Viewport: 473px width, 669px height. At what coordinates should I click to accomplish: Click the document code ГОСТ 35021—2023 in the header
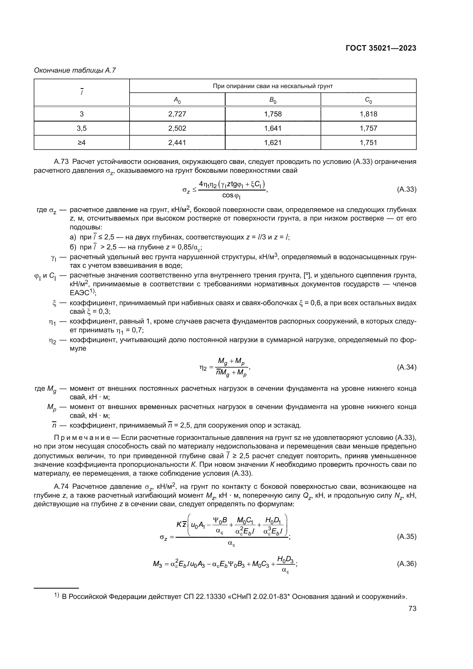coord(381,48)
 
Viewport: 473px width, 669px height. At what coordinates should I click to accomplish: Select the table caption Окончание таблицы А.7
coord(75,71)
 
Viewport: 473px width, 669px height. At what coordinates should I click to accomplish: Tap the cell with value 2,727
coord(177,114)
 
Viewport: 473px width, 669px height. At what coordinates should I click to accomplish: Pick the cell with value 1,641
coord(273,128)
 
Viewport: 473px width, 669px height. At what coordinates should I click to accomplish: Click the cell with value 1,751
coord(368,142)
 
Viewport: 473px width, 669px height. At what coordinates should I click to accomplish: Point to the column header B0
coord(273,100)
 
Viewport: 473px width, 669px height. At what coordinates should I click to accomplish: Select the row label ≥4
coord(82,142)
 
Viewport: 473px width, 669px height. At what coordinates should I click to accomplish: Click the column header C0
coord(368,100)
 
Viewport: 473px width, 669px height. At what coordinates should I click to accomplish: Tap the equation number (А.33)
coord(407,189)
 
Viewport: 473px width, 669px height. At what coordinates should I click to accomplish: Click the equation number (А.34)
coord(407,367)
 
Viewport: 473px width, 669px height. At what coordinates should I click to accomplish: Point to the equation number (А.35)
coord(407,536)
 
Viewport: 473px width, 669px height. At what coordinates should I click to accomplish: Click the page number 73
coord(412,608)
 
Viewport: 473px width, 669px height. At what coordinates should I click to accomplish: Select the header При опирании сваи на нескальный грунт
coord(273,86)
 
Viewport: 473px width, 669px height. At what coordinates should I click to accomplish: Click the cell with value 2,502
coord(177,128)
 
